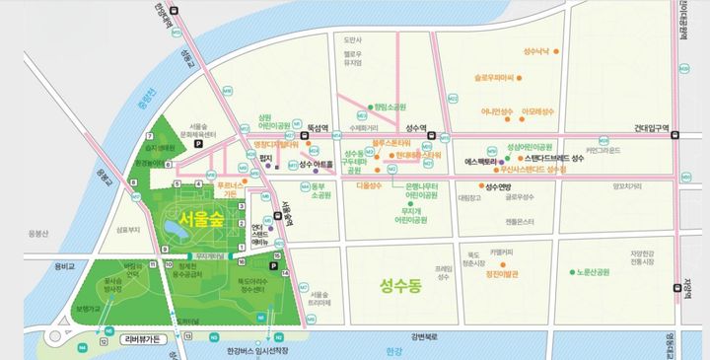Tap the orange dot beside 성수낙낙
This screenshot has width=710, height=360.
(x=524, y=49)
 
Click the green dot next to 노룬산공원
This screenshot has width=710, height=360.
(x=572, y=271)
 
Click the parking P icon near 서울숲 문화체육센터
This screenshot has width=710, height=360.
(x=197, y=144)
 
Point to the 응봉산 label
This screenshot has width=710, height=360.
(x=38, y=234)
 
